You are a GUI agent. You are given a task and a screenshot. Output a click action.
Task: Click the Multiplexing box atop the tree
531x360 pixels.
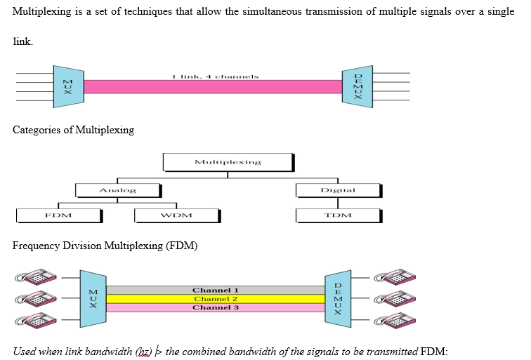point(228,162)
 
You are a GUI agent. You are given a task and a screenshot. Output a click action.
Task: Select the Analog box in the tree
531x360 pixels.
point(118,190)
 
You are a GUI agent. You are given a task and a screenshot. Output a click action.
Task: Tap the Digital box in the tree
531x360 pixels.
point(338,190)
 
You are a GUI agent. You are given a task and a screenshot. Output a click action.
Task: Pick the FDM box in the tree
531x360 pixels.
point(58,215)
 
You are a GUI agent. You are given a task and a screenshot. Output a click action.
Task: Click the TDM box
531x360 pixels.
point(338,215)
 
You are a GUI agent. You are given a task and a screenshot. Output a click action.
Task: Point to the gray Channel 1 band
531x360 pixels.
point(216,290)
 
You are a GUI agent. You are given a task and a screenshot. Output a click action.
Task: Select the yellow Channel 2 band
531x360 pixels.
point(216,299)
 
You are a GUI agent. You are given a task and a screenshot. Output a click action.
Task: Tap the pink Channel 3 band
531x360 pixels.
point(216,307)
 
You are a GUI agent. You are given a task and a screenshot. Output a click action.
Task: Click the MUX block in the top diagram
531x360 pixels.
point(68,86)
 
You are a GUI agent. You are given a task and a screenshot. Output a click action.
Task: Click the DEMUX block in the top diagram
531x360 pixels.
point(358,86)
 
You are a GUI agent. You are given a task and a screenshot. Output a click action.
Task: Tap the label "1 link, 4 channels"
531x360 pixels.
point(215,76)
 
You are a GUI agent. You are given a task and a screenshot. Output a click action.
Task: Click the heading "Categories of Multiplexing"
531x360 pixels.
point(73,131)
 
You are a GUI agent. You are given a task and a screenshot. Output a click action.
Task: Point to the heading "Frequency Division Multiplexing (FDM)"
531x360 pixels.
point(105,246)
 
